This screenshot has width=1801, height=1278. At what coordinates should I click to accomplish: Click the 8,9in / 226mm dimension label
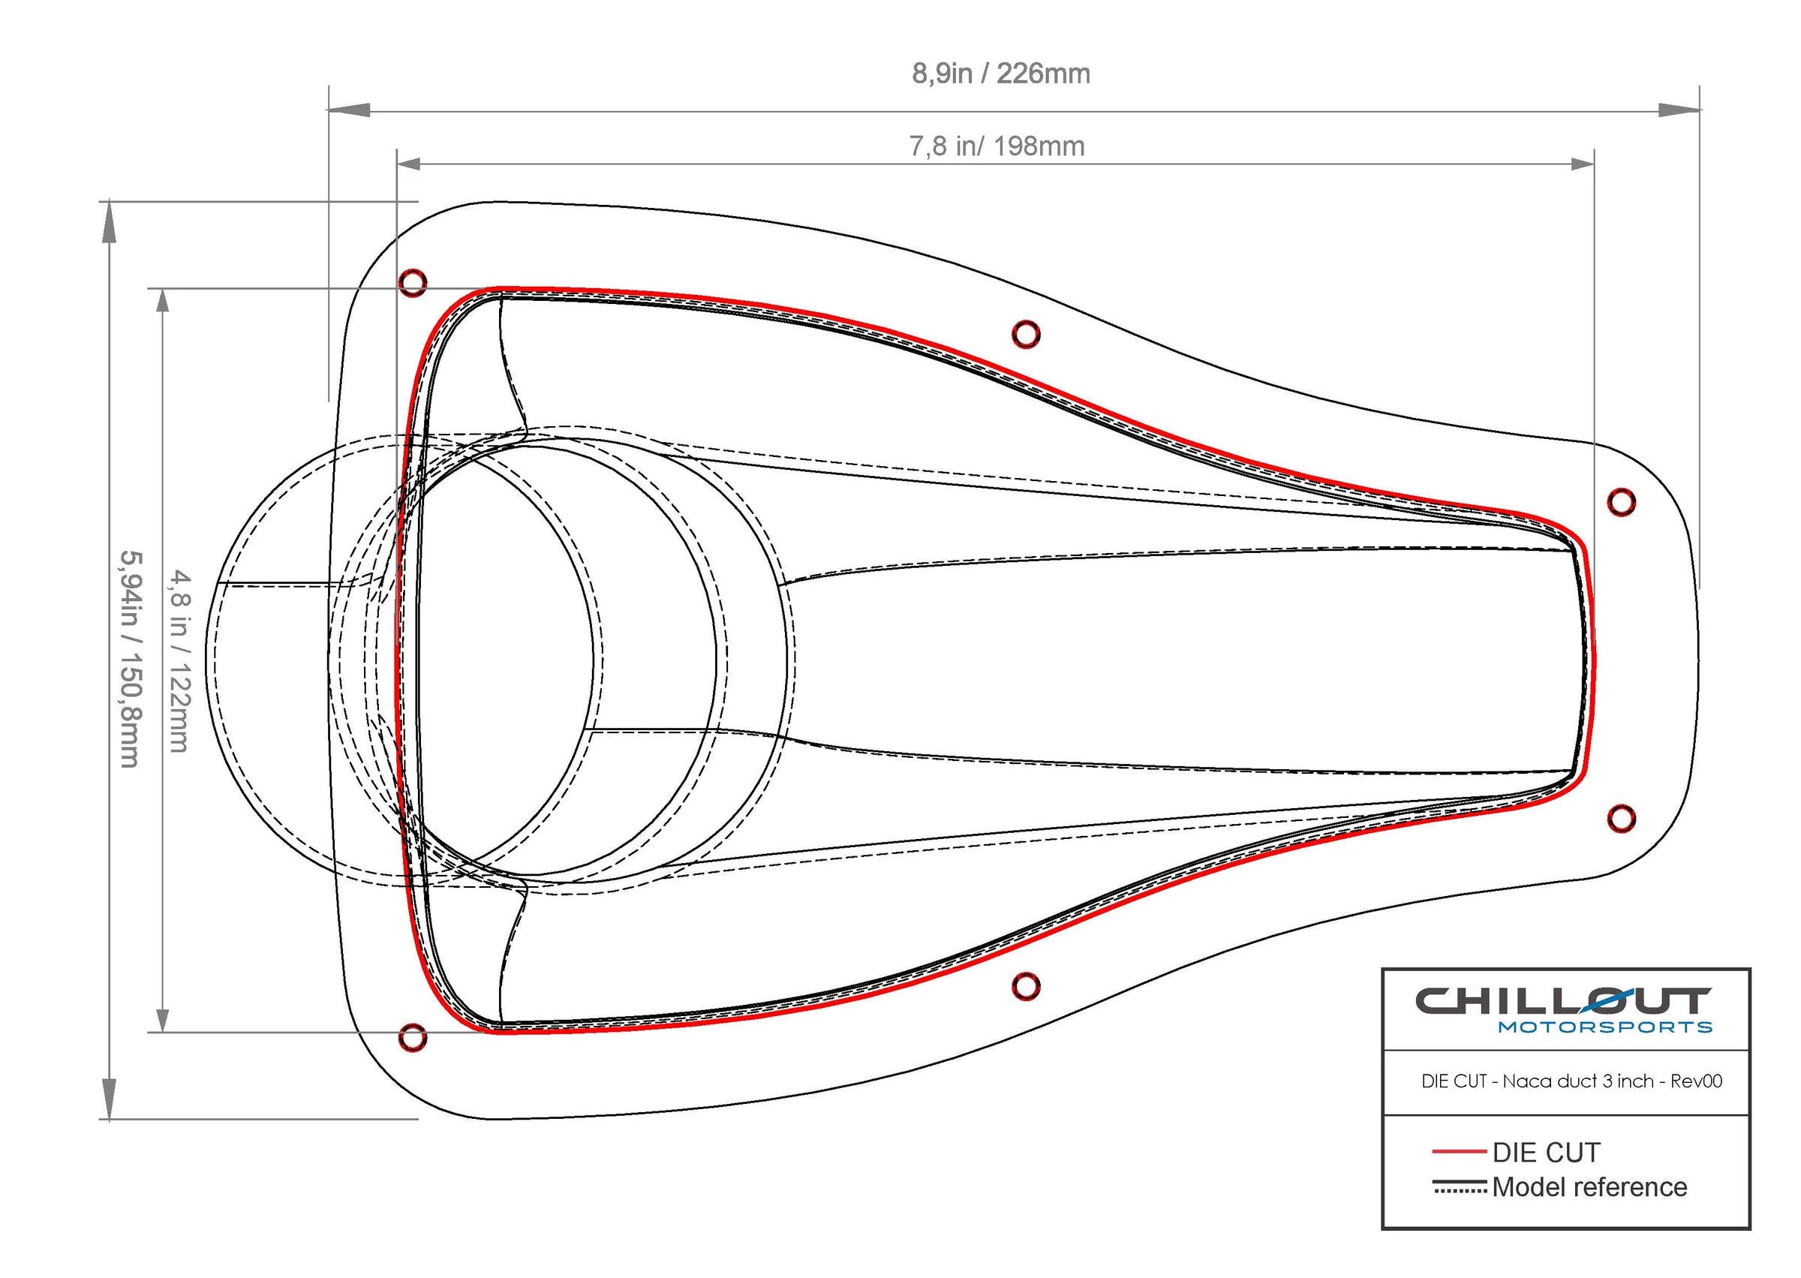coord(1000,74)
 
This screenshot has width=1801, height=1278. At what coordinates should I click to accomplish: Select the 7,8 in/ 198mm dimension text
coord(996,146)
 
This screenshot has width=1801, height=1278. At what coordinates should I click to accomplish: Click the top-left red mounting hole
coord(413,282)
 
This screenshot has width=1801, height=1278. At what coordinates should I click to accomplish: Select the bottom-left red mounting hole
coord(413,1038)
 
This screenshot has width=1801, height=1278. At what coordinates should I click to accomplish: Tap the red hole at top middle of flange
coord(1025,335)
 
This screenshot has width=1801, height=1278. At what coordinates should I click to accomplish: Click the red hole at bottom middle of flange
coord(1025,985)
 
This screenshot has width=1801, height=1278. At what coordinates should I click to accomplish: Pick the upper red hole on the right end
coord(1621,501)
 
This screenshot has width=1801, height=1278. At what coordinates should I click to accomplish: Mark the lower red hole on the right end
coord(1621,819)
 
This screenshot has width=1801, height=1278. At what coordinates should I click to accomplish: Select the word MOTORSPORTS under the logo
coord(1604,1027)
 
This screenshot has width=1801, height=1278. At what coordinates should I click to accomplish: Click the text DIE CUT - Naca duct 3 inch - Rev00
coord(1571,1081)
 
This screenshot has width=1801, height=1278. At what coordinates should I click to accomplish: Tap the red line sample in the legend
coord(1459,1151)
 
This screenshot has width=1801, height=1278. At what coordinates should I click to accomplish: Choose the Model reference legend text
coord(1589,1186)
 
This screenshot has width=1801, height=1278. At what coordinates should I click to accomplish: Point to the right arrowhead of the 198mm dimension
coord(1581,164)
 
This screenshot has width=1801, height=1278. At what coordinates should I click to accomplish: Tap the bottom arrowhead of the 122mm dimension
coord(163,1020)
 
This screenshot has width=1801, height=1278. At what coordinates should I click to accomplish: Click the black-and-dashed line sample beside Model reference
coord(1460,1186)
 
